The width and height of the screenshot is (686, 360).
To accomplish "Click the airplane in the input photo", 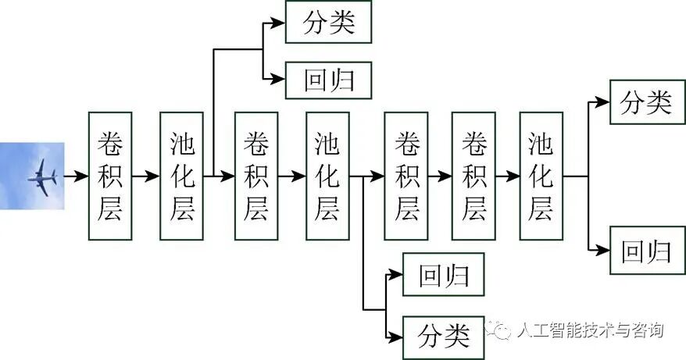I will [43, 178].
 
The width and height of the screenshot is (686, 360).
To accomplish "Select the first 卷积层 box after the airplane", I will [110, 176].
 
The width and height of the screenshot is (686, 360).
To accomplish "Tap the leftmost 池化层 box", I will [181, 176].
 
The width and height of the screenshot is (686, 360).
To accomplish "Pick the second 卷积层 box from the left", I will [256, 176].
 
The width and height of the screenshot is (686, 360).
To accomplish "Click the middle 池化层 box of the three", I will [327, 176].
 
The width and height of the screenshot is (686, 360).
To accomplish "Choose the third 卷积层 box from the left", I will [406, 176].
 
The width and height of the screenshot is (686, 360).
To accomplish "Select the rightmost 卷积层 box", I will [473, 176].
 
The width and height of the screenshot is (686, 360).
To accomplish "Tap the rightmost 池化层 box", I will [541, 176].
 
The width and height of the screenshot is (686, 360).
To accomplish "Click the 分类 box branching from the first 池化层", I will [328, 22].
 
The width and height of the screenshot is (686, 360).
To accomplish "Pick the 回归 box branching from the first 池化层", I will [328, 79].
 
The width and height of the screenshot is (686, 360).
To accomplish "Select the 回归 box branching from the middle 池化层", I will [443, 275].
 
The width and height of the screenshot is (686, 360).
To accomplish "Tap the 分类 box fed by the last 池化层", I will [645, 102].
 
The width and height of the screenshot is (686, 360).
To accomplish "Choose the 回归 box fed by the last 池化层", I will [645, 251].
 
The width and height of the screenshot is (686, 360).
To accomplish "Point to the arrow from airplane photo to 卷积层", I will [76, 176].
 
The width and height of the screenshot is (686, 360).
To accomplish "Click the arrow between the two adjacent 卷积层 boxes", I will [440, 176].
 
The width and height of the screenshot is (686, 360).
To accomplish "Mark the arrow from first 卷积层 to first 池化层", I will [145, 176].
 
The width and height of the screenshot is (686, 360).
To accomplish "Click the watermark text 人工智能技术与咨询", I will [590, 330].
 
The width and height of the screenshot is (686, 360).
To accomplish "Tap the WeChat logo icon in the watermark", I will [500, 330].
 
